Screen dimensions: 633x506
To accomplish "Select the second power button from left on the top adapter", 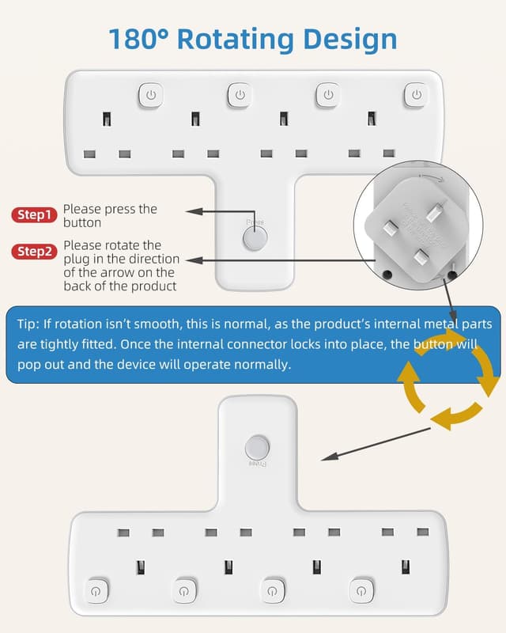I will pyautogui.click(x=239, y=95).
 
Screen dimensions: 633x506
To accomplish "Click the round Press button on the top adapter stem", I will pyautogui.click(x=255, y=239).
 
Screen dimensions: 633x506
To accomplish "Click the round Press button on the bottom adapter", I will pyautogui.click(x=255, y=447).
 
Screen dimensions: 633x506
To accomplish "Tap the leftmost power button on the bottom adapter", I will pyautogui.click(x=96, y=590).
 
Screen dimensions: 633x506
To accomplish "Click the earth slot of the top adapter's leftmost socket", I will pyautogui.click(x=107, y=120).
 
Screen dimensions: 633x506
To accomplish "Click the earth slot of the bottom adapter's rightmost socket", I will pyautogui.click(x=405, y=567).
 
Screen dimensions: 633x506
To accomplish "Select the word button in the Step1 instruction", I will pyautogui.click(x=81, y=222).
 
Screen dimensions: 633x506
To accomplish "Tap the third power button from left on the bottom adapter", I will pyautogui.click(x=273, y=590).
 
